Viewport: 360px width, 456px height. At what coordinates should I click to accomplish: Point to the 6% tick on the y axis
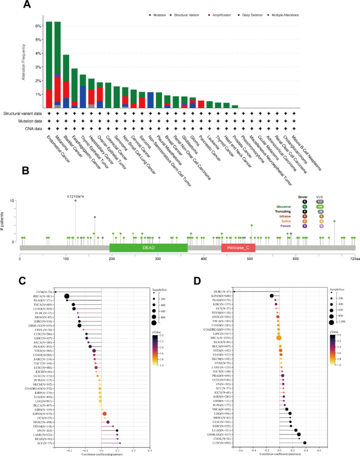pyautogui.click(x=39, y=25)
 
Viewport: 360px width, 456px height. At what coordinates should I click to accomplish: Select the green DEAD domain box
pyautogui.click(x=148, y=247)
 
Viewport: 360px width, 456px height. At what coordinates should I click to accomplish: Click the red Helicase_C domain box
pyautogui.click(x=238, y=247)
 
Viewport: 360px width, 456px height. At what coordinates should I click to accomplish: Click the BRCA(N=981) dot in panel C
pyautogui.click(x=67, y=296)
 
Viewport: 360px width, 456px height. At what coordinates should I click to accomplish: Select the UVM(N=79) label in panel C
pyautogui.click(x=41, y=292)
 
